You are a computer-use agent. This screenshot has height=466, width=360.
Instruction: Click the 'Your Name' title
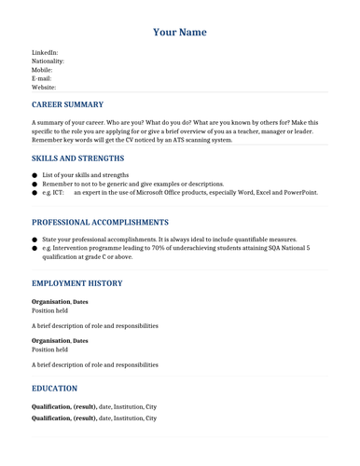tap(180, 33)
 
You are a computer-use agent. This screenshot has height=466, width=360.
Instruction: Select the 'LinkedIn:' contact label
tap(45, 53)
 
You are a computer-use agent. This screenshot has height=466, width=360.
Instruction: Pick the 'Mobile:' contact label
tap(42, 70)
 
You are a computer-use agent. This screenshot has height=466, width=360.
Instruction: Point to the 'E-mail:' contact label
tap(42, 79)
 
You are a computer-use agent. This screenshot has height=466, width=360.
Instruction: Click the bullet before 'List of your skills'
tap(35, 175)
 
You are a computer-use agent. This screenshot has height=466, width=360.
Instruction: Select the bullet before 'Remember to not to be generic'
tap(35, 185)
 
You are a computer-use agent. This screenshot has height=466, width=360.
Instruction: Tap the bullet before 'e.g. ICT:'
tap(35, 193)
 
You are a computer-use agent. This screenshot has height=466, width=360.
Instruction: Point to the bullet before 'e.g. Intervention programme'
tap(35, 249)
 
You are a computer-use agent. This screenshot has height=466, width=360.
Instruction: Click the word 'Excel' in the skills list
tap(252, 193)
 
